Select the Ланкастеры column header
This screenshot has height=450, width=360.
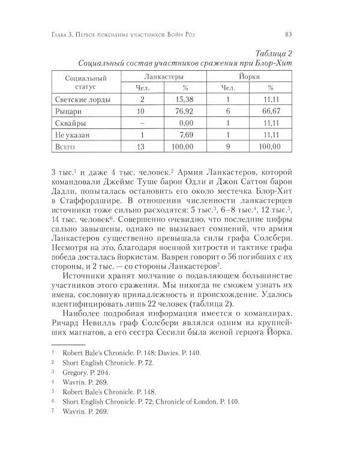[165, 77]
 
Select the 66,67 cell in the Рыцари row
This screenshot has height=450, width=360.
[273, 111]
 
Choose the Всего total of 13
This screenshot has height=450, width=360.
[142, 146]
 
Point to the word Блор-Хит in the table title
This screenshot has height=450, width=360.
[273, 64]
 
